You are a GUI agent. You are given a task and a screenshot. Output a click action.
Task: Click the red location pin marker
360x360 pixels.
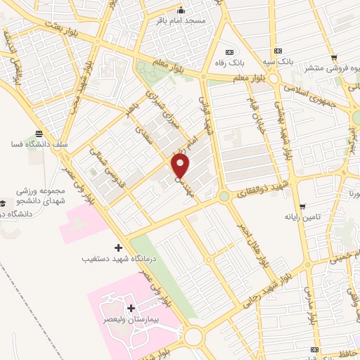coord(181,167)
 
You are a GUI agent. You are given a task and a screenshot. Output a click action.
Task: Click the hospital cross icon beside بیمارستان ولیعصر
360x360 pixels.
coord(131,309)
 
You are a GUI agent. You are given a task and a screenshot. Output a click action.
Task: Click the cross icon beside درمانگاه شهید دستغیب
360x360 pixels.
coord(118,247)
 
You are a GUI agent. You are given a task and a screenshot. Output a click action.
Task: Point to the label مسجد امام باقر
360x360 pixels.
coord(181,21)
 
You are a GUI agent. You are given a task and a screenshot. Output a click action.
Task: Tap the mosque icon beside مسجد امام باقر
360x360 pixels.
coord(181,10)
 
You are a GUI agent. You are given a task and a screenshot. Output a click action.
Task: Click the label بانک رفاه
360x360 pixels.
coord(229,63)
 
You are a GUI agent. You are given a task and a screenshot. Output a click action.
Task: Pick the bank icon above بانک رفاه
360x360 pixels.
coord(229,52)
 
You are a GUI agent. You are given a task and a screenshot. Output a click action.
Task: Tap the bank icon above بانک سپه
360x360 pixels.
coord(279,51)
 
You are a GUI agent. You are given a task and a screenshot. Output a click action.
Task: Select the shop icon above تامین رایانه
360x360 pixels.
coord(302,207)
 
